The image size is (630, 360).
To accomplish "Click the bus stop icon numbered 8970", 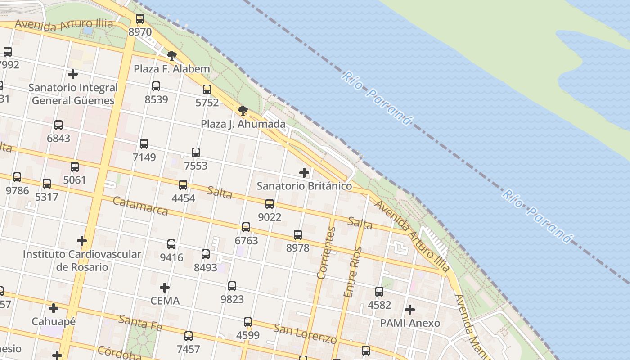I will (140, 19).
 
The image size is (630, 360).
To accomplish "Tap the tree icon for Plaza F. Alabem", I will (171, 56).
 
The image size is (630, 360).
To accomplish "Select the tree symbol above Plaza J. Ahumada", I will (243, 111).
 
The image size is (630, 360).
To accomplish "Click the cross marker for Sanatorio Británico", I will (304, 172).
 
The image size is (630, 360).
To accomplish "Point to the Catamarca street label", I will (140, 206).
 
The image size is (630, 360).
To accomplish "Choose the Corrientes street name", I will (327, 253).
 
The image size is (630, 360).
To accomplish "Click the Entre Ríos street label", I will (353, 272).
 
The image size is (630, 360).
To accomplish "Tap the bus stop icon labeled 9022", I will (270, 204).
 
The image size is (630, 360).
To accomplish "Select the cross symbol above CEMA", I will (165, 287).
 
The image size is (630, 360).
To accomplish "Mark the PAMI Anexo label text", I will (410, 323).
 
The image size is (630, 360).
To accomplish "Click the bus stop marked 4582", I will (379, 292).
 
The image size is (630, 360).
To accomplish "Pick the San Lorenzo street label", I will (305, 333).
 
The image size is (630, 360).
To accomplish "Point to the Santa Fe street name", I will (140, 322).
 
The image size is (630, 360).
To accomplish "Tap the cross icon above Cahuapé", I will (54, 308).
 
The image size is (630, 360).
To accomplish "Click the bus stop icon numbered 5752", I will (207, 90).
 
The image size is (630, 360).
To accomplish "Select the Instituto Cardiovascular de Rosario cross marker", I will (81, 241).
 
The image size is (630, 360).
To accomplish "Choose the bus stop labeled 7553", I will (196, 153).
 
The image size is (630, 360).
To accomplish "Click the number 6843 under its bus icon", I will (58, 138).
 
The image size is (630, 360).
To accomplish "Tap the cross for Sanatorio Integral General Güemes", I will (73, 74).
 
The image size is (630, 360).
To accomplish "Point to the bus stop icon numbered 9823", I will (232, 286).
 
